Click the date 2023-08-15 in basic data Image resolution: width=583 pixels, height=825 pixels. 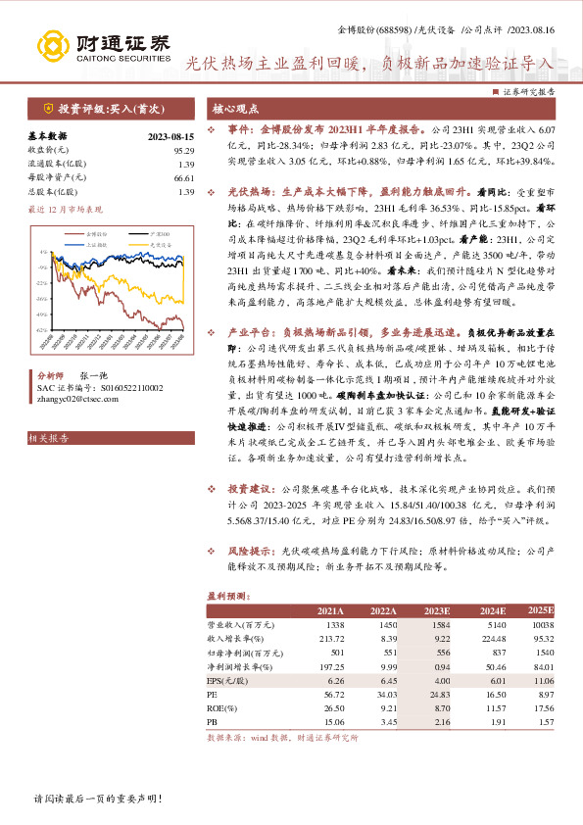coord(171,137)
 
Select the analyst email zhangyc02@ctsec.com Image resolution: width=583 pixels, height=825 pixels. coord(77,399)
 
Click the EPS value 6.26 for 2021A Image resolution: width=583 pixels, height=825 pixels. coord(335,680)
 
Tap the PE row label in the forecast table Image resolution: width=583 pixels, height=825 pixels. coord(212,694)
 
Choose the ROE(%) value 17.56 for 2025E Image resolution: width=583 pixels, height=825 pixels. coord(543,707)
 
